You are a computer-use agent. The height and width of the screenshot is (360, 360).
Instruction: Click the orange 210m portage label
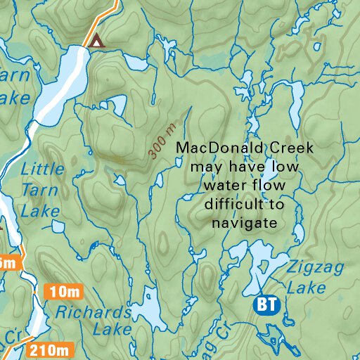[49, 349]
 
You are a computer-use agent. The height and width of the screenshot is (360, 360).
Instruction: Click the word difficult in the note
[233, 205]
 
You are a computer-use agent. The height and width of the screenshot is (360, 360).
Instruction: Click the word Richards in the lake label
[94, 311]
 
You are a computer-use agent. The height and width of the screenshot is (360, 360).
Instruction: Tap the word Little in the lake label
[43, 169]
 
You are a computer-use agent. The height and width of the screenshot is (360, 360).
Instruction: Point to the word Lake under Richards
[113, 329]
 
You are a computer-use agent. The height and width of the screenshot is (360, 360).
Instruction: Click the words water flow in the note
[245, 186]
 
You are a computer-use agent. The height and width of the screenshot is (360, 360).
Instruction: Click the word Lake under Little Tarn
[39, 210]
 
